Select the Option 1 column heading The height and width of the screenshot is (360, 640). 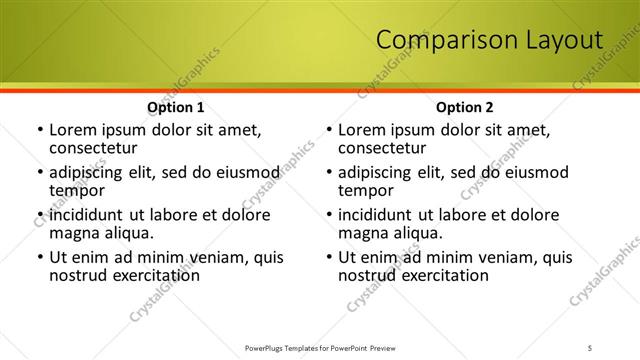point(176,106)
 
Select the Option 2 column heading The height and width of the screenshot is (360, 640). point(465,106)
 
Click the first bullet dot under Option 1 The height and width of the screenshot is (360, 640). point(39,131)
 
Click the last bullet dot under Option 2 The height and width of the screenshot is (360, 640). point(328,258)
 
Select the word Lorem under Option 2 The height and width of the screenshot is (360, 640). point(361,130)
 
